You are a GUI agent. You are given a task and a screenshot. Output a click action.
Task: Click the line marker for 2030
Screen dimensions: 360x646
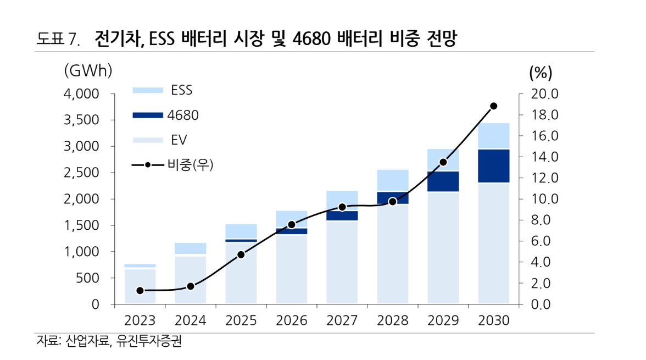pyautogui.click(x=493, y=106)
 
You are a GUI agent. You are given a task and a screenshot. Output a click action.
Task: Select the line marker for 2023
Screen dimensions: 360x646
pyautogui.click(x=140, y=291)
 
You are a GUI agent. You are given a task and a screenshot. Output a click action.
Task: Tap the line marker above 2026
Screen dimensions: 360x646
pyautogui.click(x=292, y=225)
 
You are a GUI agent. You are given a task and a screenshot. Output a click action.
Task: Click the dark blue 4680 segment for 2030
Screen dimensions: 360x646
pyautogui.click(x=493, y=165)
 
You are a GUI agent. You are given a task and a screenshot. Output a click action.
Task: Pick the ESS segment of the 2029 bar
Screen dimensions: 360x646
pyautogui.click(x=443, y=160)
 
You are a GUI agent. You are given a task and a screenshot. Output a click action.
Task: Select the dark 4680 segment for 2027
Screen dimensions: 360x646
pyautogui.click(x=342, y=215)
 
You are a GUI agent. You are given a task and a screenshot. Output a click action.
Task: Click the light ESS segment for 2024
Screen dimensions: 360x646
pyautogui.click(x=191, y=248)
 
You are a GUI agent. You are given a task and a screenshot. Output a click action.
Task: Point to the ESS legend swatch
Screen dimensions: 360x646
pyautogui.click(x=148, y=90)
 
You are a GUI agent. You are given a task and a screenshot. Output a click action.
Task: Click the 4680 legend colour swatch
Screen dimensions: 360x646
pyautogui.click(x=148, y=115)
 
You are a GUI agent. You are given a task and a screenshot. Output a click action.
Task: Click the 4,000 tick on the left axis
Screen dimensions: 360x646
pyautogui.click(x=81, y=94)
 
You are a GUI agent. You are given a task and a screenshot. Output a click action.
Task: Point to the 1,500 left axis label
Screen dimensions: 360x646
pyautogui.click(x=81, y=225)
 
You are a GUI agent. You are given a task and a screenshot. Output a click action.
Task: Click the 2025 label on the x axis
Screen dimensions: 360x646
pyautogui.click(x=241, y=320)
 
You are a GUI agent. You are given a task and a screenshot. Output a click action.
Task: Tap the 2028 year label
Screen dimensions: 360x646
pyautogui.click(x=393, y=320)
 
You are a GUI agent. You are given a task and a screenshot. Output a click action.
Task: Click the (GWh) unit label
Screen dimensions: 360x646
pyautogui.click(x=88, y=71)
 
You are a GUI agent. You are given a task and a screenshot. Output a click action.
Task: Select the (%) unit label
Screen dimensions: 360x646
pyautogui.click(x=541, y=72)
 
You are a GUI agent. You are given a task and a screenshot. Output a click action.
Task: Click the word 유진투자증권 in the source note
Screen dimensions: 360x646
pyautogui.click(x=149, y=342)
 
